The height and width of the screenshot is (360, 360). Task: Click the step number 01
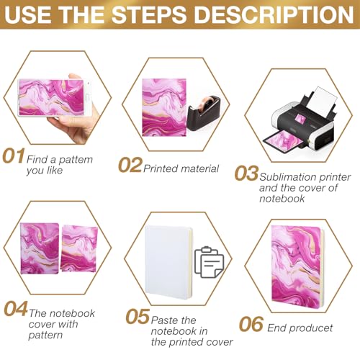point(14,156)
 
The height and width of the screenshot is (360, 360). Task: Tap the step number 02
point(130,166)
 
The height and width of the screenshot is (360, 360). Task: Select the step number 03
point(246,174)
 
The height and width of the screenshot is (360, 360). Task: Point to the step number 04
point(16,308)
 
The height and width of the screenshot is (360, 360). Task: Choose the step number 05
point(138,317)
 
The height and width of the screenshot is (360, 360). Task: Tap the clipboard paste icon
point(210,264)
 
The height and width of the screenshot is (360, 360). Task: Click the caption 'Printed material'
point(181,168)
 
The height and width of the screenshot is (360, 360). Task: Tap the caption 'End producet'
point(306,328)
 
